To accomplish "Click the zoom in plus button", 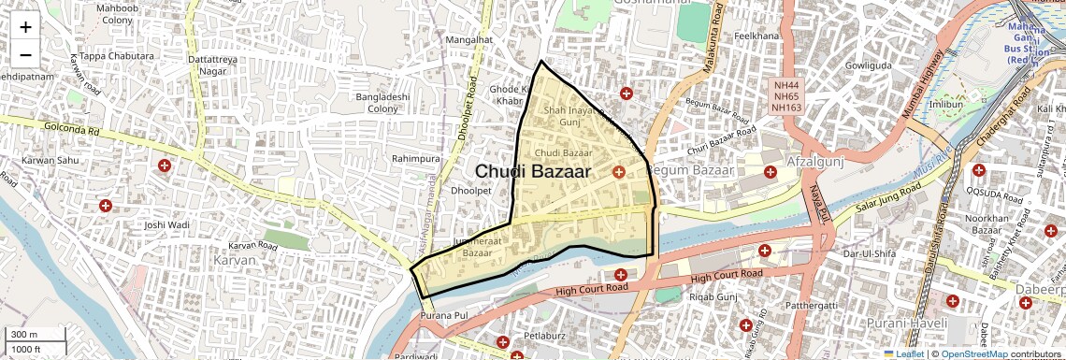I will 25,26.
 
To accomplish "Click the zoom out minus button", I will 25,54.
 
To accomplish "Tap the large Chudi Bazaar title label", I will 533,171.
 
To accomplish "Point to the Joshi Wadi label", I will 167,225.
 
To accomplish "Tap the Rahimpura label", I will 415,159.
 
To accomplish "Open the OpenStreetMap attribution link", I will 973,354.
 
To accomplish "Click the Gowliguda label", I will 871,66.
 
